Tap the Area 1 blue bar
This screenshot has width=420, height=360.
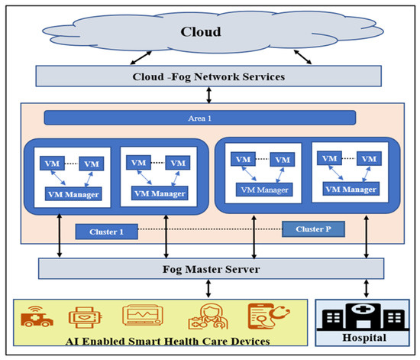[x=200, y=118]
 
